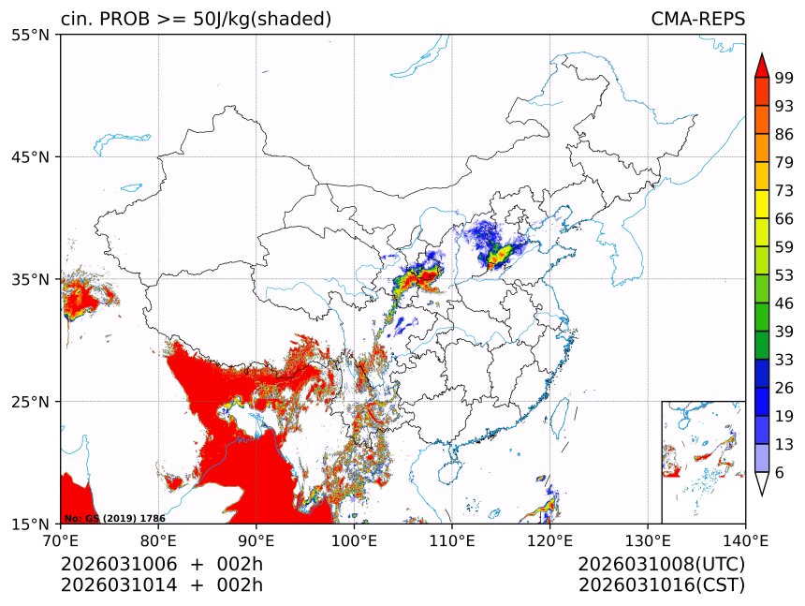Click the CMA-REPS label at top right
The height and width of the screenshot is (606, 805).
click(x=697, y=19)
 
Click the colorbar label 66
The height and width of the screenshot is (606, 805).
click(x=784, y=218)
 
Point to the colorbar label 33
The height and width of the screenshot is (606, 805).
click(x=784, y=360)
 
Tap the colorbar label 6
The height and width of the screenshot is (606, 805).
click(x=780, y=472)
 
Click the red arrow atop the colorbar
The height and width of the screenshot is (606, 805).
click(x=762, y=66)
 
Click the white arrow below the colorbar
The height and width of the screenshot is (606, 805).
click(x=762, y=483)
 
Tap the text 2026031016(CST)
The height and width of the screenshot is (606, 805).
click(x=661, y=585)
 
